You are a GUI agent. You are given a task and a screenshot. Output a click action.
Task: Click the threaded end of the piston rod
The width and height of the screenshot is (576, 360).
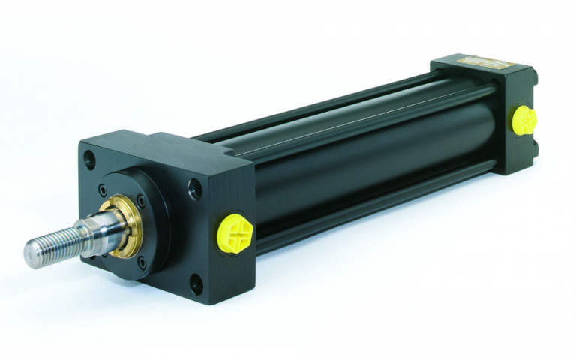[x=56, y=239]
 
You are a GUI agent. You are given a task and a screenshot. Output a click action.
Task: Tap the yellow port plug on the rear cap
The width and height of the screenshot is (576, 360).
[x=524, y=120]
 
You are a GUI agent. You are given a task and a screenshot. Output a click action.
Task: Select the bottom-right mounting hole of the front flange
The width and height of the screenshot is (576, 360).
[x=196, y=283]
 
